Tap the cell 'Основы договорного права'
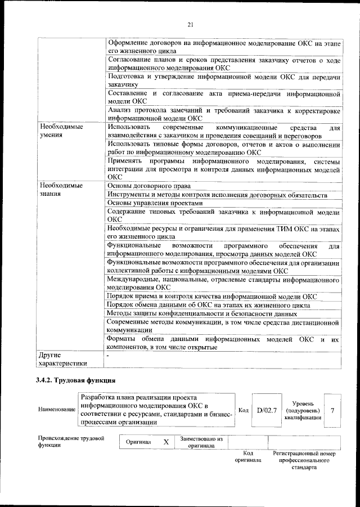click(x=148, y=185)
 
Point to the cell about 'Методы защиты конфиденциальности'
click(x=201, y=313)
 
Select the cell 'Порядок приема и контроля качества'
click(x=211, y=295)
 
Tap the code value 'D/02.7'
click(x=267, y=410)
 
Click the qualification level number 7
click(x=332, y=410)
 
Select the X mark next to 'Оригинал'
click(x=166, y=442)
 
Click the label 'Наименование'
click(x=57, y=410)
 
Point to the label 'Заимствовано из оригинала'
click(x=201, y=442)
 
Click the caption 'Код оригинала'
click(x=247, y=456)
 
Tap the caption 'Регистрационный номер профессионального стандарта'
click(x=304, y=460)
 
